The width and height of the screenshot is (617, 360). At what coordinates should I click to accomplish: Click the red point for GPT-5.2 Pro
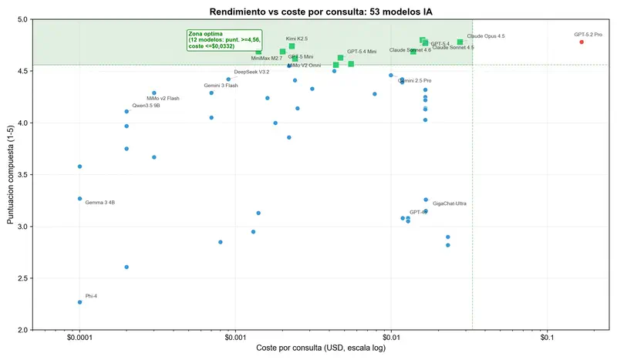coord(582,42)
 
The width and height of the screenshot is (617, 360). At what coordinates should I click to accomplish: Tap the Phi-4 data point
coord(79,302)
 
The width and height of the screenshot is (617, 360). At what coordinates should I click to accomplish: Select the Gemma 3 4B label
coord(100,203)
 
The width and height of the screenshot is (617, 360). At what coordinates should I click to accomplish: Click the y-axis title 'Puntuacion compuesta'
coord(11,174)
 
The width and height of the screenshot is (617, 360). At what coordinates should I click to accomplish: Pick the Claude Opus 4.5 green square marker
coord(460,42)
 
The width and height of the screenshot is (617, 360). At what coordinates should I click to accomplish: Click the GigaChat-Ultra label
coord(450,204)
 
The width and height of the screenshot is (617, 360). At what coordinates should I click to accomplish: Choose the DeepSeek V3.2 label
coord(251,72)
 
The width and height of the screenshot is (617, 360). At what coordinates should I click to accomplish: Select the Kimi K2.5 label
coord(297,39)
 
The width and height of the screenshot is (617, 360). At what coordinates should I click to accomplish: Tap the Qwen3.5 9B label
coord(147,106)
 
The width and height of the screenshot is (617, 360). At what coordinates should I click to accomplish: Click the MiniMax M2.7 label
coord(267,59)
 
